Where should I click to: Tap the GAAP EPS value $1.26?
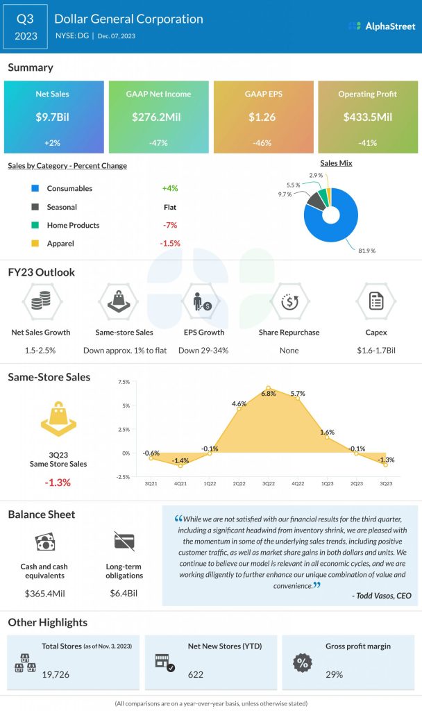(262, 117)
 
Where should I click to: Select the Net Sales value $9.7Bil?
(53, 117)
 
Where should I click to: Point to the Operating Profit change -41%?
(367, 143)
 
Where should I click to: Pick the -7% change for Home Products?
(170, 225)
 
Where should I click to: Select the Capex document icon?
(376, 302)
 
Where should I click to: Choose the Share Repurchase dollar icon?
(289, 302)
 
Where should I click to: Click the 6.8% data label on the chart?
(269, 393)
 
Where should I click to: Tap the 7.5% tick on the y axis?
(124, 382)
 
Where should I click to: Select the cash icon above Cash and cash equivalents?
(43, 542)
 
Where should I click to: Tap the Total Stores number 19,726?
(56, 674)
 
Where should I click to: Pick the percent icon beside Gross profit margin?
(301, 662)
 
